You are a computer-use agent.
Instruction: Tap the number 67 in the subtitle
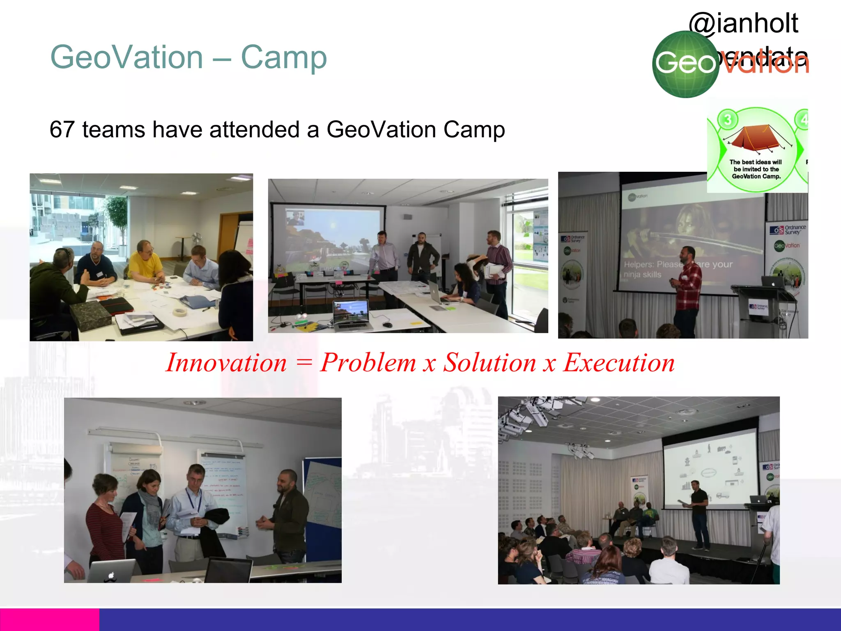[62, 130]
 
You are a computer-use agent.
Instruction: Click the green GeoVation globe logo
[685, 64]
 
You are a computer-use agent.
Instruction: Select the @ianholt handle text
[743, 23]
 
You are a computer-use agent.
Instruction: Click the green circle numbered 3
[728, 120]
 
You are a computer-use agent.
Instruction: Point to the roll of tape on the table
[179, 312]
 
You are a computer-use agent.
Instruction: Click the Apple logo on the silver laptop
[111, 575]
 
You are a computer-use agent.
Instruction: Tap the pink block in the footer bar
[49, 619]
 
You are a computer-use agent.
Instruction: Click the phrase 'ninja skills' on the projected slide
[642, 275]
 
